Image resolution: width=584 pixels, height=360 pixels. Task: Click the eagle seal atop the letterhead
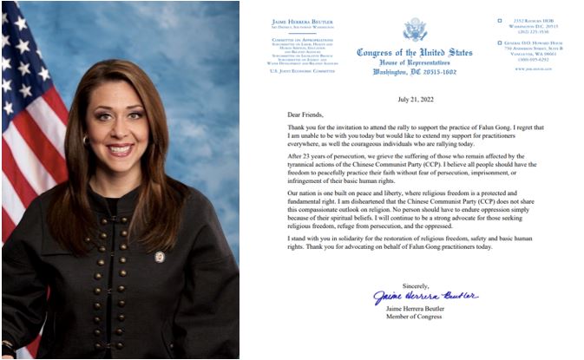click(x=415, y=29)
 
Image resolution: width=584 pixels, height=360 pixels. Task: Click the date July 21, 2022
click(x=416, y=100)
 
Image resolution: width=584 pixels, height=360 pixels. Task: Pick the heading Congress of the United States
click(x=416, y=52)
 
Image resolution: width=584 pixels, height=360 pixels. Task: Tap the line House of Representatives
click(x=416, y=62)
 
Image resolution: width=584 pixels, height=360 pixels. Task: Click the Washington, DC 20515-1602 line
click(x=416, y=71)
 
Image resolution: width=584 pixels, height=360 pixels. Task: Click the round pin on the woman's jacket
click(x=160, y=257)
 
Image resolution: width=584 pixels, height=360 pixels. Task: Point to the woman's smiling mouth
click(x=120, y=149)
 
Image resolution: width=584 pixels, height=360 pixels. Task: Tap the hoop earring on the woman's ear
click(x=86, y=139)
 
